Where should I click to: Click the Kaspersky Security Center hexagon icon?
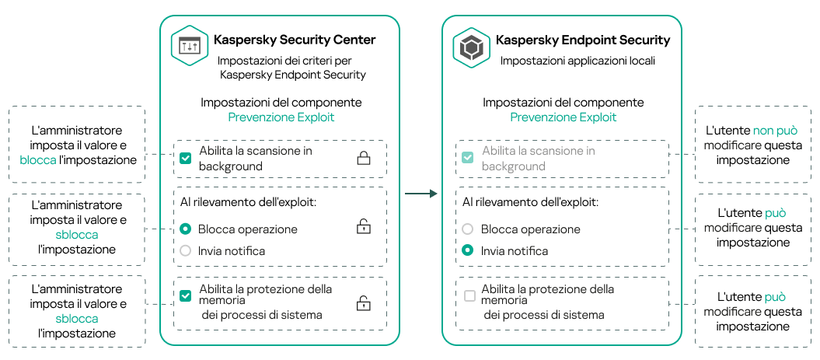[190, 47]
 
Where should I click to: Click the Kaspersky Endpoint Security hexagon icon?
[472, 47]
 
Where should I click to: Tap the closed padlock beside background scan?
[363, 159]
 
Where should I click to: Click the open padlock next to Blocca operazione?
[363, 227]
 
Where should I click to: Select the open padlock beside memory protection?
[363, 303]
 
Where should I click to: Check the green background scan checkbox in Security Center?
[185, 159]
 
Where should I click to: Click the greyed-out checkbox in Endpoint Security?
[467, 158]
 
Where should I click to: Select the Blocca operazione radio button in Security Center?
[185, 229]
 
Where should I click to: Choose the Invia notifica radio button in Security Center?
[185, 250]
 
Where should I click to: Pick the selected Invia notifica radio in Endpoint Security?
[467, 250]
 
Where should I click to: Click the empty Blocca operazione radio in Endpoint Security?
[467, 229]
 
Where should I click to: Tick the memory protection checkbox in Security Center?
[185, 295]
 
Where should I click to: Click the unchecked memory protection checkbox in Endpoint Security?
[469, 295]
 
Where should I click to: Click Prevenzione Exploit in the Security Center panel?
[281, 117]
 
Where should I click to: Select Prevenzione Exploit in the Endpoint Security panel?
[564, 117]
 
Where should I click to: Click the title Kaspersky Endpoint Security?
[583, 40]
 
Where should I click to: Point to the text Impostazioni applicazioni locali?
[577, 60]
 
